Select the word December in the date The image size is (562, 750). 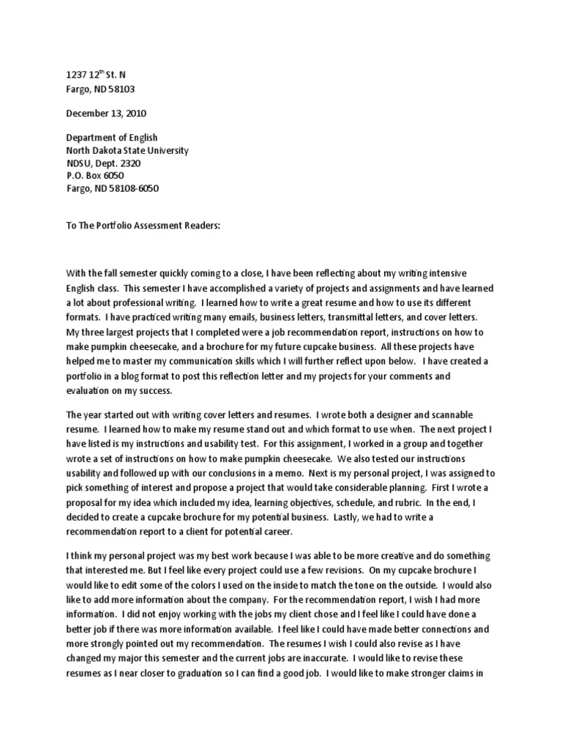88,114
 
